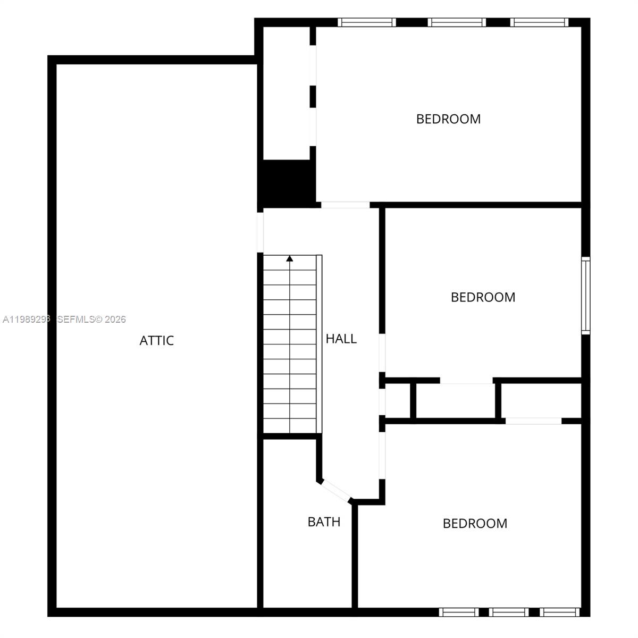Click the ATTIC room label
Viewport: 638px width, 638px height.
pyautogui.click(x=156, y=340)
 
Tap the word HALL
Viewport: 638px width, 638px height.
pyautogui.click(x=341, y=339)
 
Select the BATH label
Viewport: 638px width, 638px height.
pyautogui.click(x=324, y=522)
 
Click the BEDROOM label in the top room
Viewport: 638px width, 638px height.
pyautogui.click(x=448, y=119)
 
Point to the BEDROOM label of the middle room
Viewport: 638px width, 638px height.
pyautogui.click(x=483, y=297)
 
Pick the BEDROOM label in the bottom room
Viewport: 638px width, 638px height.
pyautogui.click(x=475, y=523)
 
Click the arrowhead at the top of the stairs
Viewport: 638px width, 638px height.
pyautogui.click(x=290, y=259)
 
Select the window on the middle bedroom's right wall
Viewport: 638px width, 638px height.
pyautogui.click(x=585, y=295)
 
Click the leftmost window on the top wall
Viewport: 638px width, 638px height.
pyautogui.click(x=367, y=22)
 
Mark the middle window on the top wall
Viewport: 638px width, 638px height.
pyautogui.click(x=457, y=22)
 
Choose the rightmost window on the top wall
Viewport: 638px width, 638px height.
pyautogui.click(x=540, y=22)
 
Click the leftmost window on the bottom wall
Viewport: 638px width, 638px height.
pyautogui.click(x=459, y=612)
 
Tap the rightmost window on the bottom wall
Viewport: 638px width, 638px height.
pyautogui.click(x=559, y=612)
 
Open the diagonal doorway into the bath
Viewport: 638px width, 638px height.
pyautogui.click(x=335, y=491)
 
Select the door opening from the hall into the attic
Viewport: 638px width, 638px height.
pyautogui.click(x=261, y=232)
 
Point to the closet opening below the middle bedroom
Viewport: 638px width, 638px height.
pyautogui.click(x=466, y=381)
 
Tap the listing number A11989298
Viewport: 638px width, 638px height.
pyautogui.click(x=27, y=319)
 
